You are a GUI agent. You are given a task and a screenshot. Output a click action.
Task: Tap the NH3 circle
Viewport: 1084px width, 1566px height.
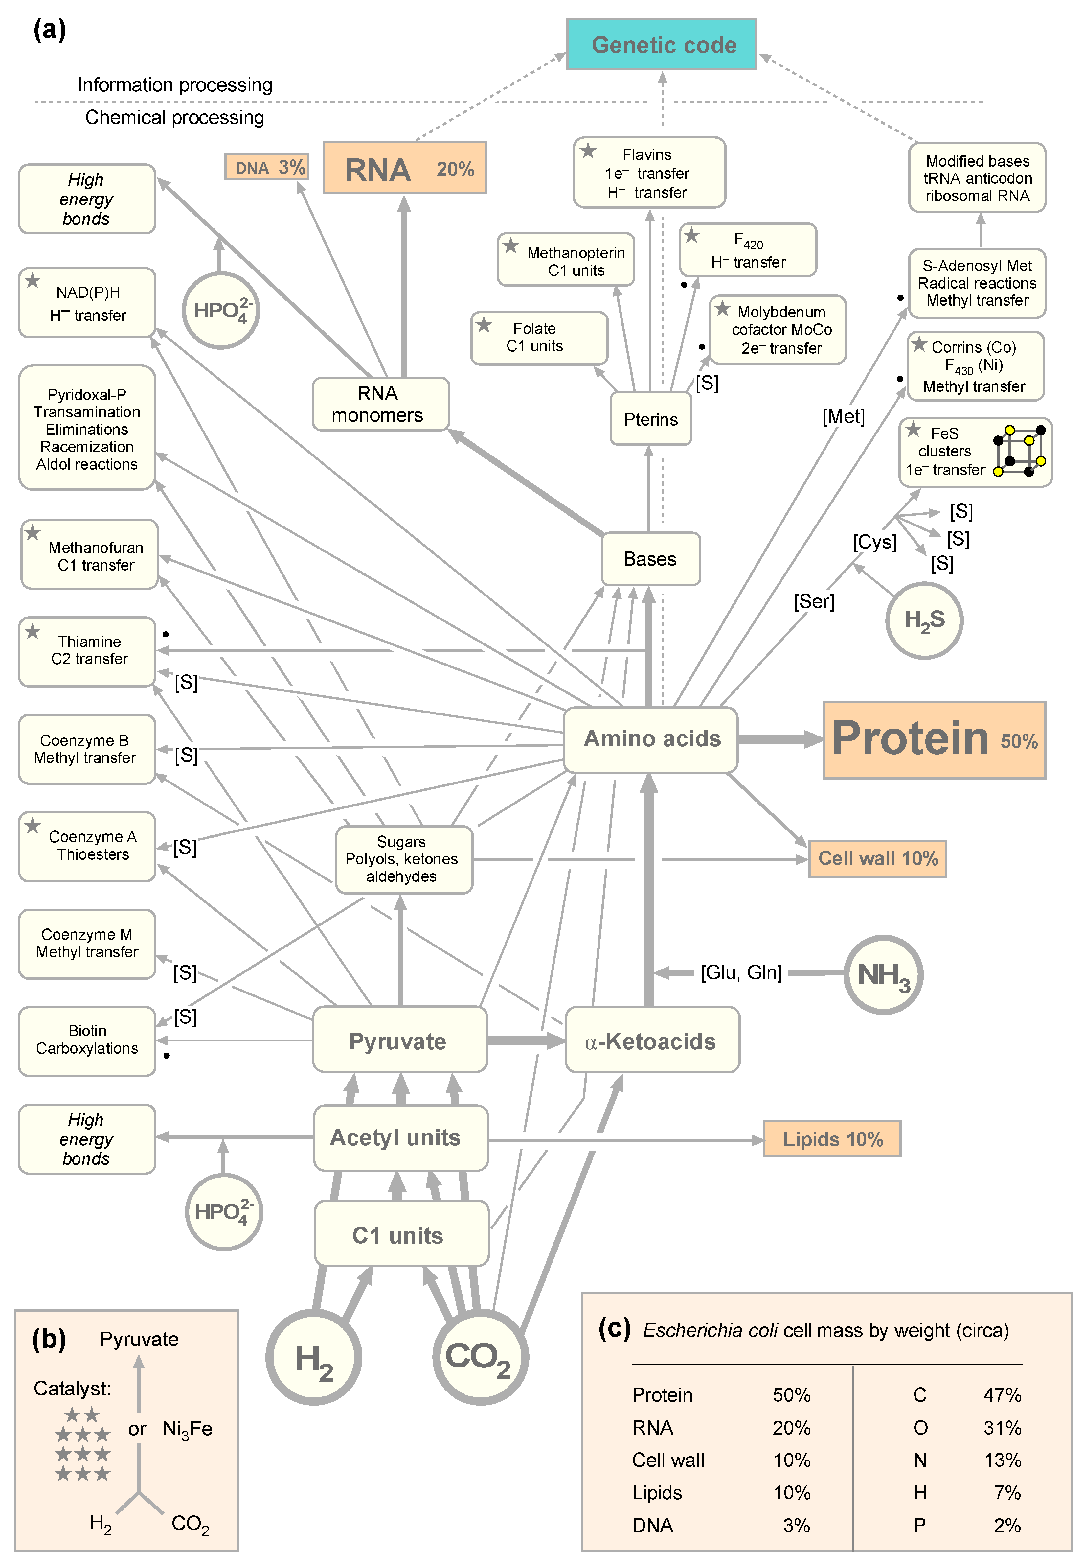pyautogui.click(x=883, y=974)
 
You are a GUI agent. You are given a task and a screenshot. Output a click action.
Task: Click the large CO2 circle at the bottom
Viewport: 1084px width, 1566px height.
pyautogui.click(x=480, y=1357)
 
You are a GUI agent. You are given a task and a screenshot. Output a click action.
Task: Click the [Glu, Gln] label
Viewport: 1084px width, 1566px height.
pyautogui.click(x=741, y=973)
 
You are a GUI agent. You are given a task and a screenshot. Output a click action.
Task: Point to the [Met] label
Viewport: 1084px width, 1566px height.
pyautogui.click(x=844, y=416)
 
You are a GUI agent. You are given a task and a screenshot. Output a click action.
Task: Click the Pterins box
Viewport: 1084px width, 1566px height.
pyautogui.click(x=651, y=419)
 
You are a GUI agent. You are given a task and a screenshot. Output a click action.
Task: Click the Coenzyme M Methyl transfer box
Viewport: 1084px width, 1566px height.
pyautogui.click(x=87, y=944)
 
